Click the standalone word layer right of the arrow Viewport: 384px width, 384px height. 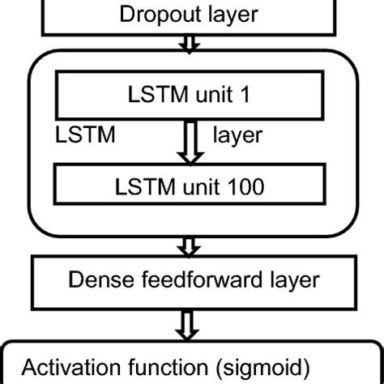(x=237, y=134)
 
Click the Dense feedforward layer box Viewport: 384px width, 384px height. (x=191, y=280)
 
